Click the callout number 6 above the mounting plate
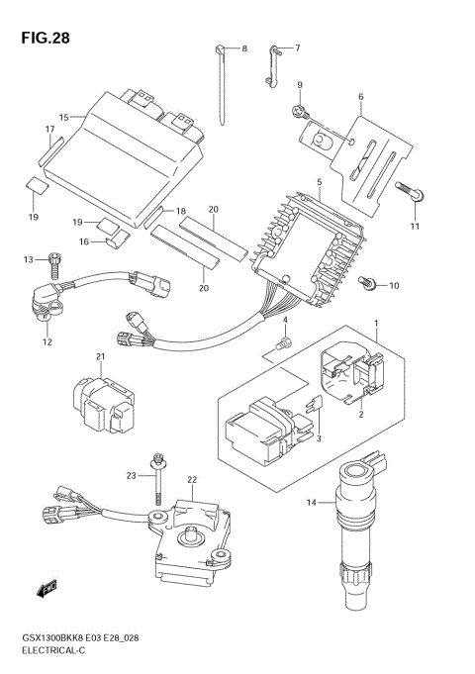[360, 97]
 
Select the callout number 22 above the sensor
[192, 480]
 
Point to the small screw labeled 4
[282, 343]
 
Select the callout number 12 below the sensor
[46, 342]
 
